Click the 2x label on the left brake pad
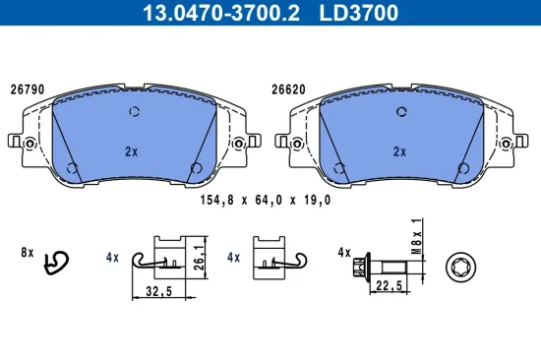point(131,151)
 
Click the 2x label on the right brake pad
point(399,151)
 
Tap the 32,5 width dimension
point(157,291)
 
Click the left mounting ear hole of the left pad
point(29,145)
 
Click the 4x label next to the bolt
point(343,254)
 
